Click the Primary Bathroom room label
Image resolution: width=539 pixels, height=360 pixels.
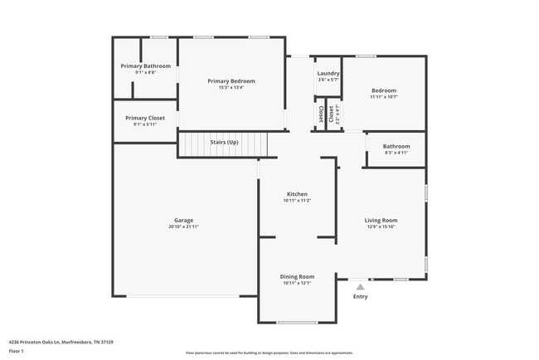pyautogui.click(x=145, y=66)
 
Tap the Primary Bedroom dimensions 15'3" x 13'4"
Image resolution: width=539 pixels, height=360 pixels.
pyautogui.click(x=231, y=87)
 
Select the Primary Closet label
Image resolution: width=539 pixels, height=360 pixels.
pyautogui.click(x=145, y=118)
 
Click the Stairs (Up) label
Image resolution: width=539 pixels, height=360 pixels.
pyautogui.click(x=224, y=143)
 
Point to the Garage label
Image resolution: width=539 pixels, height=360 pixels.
pyautogui.click(x=183, y=220)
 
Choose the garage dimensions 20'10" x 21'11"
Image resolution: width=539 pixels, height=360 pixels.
pyautogui.click(x=183, y=226)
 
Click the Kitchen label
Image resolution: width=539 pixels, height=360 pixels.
pyautogui.click(x=297, y=193)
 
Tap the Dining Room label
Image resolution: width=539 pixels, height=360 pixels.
pyautogui.click(x=297, y=276)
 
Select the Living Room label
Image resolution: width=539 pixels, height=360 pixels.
pyautogui.click(x=381, y=220)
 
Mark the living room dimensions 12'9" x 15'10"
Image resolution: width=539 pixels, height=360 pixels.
pyautogui.click(x=381, y=226)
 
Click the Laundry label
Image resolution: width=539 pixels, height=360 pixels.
pyautogui.click(x=328, y=73)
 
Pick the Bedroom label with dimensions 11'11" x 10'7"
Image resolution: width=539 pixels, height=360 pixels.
pyautogui.click(x=383, y=90)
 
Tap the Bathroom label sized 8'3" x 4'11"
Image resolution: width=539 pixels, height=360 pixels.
pyautogui.click(x=396, y=146)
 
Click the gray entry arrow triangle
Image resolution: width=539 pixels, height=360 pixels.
pyautogui.click(x=360, y=286)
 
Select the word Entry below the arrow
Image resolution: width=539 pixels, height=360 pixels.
pyautogui.click(x=360, y=296)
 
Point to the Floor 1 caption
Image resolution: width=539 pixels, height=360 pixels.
pyautogui.click(x=17, y=351)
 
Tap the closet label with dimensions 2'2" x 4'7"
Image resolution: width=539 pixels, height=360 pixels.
pyautogui.click(x=332, y=114)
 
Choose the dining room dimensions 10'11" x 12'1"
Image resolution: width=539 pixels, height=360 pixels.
pyautogui.click(x=297, y=283)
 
